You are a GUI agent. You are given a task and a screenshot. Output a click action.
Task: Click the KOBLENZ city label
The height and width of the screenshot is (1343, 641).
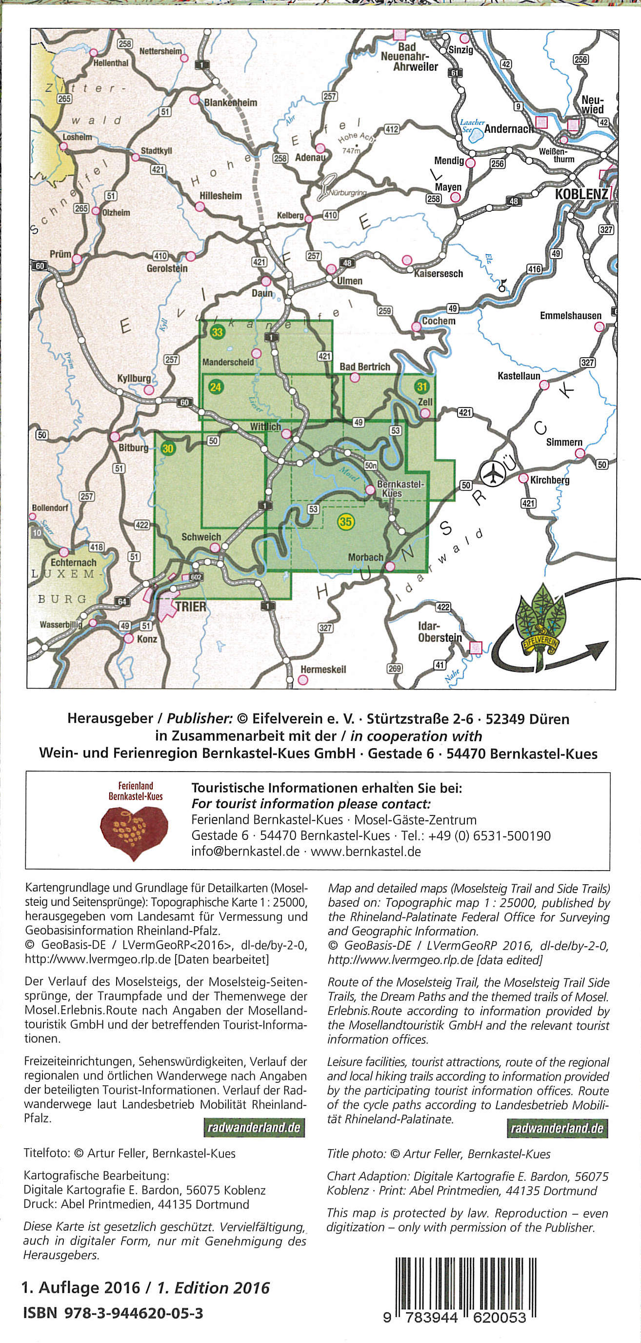click(581, 194)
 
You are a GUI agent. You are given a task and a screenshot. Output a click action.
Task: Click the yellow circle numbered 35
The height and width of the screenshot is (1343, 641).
click(345, 521)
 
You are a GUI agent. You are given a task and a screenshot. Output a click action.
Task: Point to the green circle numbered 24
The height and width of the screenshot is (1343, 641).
click(215, 387)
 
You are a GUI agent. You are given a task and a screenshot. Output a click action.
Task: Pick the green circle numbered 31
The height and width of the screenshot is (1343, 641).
click(421, 387)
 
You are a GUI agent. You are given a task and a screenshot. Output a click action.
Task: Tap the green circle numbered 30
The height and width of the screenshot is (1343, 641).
click(167, 448)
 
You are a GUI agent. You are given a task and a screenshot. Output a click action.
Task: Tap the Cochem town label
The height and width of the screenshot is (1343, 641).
click(438, 321)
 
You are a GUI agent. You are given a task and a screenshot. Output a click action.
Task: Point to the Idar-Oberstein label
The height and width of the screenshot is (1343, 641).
click(440, 631)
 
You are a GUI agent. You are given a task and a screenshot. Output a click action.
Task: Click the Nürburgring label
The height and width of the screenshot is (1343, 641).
click(348, 192)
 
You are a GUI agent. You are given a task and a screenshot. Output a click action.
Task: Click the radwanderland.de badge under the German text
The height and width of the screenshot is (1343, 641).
click(254, 1127)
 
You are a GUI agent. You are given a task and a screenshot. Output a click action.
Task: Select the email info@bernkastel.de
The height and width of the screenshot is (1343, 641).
click(245, 852)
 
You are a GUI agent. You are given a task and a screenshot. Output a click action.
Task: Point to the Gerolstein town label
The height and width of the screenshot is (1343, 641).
click(167, 268)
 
